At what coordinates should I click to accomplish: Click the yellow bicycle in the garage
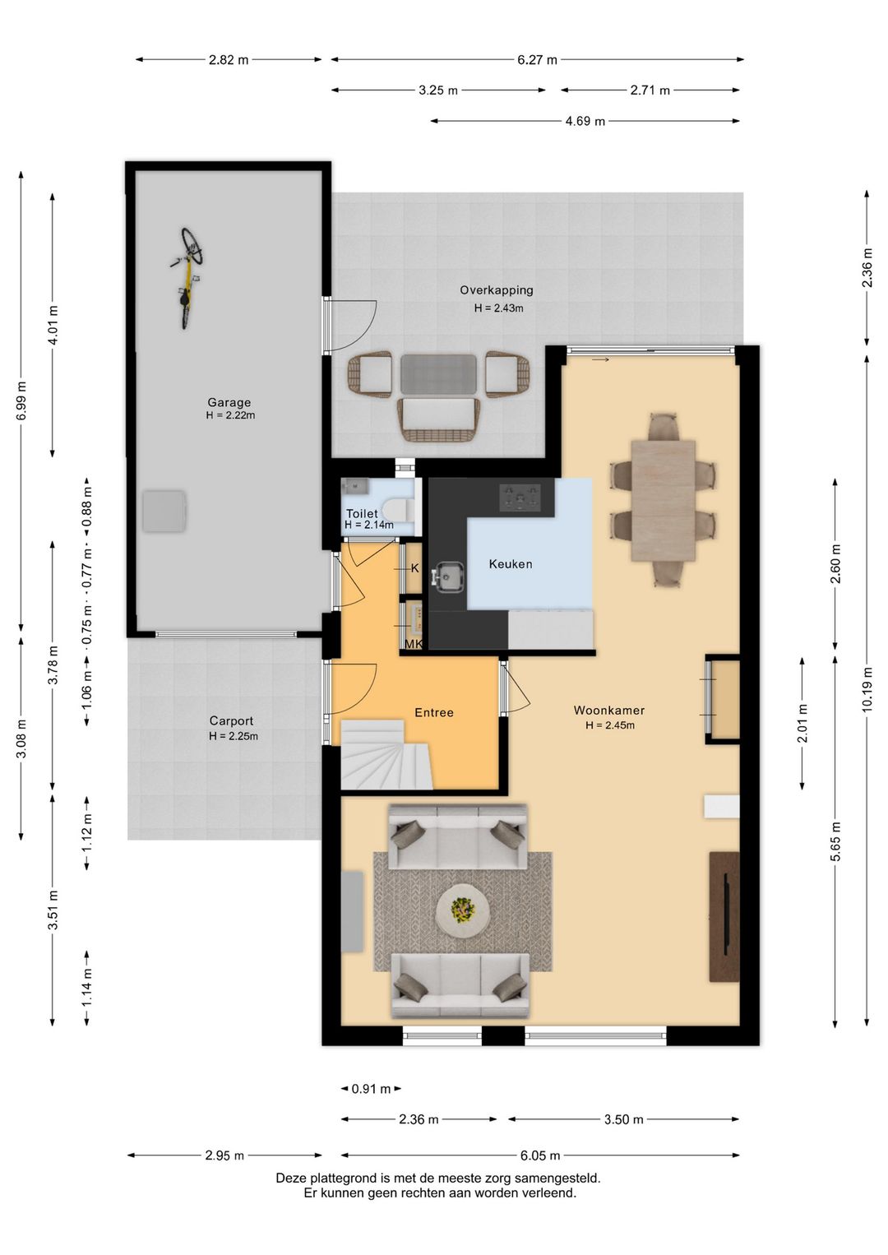tap(187, 277)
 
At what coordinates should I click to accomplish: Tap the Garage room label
tap(229, 401)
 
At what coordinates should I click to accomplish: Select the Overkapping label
tap(497, 290)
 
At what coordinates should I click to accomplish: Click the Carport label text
tap(231, 720)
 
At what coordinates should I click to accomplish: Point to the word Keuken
tap(511, 563)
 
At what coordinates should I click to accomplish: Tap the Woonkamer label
tap(609, 710)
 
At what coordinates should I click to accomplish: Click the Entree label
tap(434, 712)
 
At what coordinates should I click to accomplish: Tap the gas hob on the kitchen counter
tap(520, 498)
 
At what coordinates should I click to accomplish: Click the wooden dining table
tap(664, 500)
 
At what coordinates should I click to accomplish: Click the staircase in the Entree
tap(386, 755)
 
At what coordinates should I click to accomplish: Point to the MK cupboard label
tap(414, 644)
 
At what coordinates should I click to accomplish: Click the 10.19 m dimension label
tap(867, 689)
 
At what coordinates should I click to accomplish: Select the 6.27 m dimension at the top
tap(537, 59)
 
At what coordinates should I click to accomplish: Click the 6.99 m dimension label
tap(21, 400)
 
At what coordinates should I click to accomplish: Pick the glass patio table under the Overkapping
tap(439, 373)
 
